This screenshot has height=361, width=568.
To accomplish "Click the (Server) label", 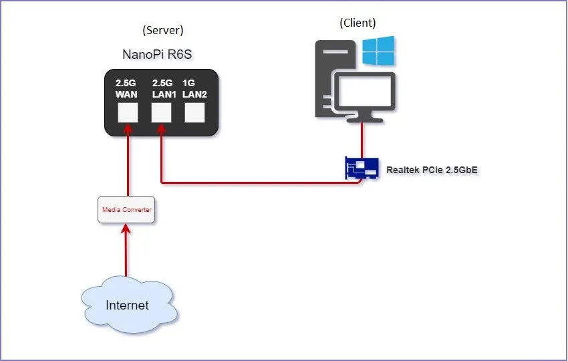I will (x=163, y=30).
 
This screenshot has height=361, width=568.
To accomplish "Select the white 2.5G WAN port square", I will (x=128, y=113).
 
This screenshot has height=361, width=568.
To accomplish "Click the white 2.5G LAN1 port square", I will (x=161, y=113).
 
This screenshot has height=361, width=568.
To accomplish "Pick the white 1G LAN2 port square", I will (x=194, y=113).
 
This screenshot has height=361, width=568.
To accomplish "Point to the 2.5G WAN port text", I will (x=126, y=90).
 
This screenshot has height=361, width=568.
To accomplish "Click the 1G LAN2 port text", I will (x=194, y=90).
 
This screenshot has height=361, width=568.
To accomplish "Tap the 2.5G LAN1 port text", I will (x=163, y=90).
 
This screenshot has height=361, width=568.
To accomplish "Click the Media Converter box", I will (x=127, y=210).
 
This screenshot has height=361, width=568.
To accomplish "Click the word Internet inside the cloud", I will (x=127, y=306).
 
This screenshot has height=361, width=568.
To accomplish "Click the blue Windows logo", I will (x=378, y=51).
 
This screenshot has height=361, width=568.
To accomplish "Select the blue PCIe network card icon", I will (x=362, y=168).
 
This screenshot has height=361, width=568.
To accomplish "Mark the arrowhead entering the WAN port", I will (x=128, y=128).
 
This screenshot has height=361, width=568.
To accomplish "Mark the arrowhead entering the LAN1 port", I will (x=161, y=128).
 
